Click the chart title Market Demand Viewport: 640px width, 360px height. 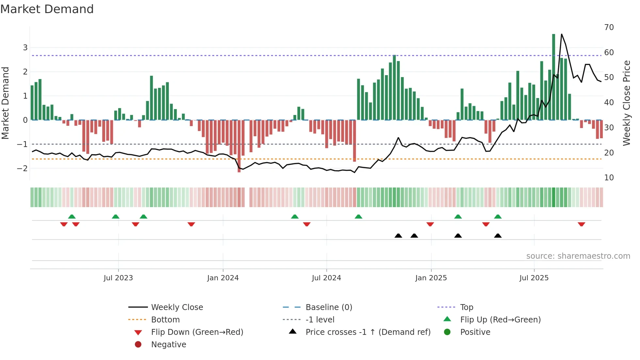pyautogui.click(x=47, y=9)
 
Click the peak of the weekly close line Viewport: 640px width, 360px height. pyautogui.click(x=562, y=34)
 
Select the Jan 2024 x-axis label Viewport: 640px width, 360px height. pyautogui.click(x=223, y=278)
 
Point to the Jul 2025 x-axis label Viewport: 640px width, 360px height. pyautogui.click(x=534, y=278)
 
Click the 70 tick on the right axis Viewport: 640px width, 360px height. pyautogui.click(x=609, y=27)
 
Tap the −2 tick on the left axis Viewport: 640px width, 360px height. pyautogui.click(x=23, y=169)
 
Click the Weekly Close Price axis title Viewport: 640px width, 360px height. pyautogui.click(x=627, y=103)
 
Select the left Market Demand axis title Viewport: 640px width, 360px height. pyautogui.click(x=5, y=103)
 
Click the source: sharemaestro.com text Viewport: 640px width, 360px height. pyautogui.click(x=578, y=256)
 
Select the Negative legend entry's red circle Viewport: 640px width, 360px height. pyautogui.click(x=138, y=345)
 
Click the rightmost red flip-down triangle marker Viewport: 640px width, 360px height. pyautogui.click(x=581, y=224)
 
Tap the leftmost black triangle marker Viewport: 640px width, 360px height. pyautogui.click(x=398, y=236)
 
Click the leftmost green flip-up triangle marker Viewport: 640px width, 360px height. pyautogui.click(x=72, y=216)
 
